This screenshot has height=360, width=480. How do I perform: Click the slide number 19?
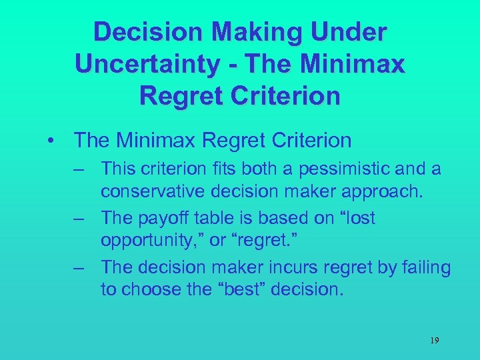click(434, 341)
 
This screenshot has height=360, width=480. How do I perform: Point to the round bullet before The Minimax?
click(51, 141)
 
